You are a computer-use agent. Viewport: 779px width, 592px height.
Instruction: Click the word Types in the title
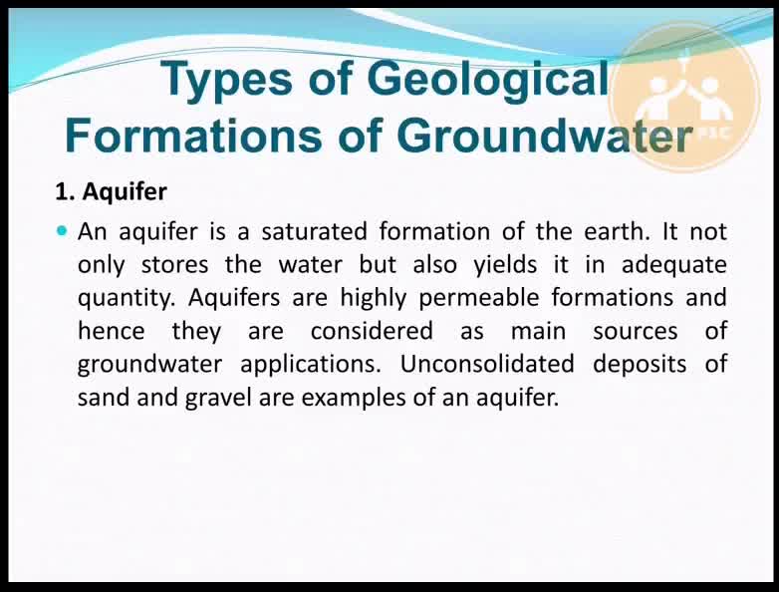click(x=226, y=80)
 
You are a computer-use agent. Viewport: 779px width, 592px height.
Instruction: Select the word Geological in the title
click(x=487, y=80)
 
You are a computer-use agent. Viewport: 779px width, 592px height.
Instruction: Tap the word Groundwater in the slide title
click(x=545, y=136)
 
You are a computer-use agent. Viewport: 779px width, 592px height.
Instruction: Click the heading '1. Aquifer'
click(x=112, y=192)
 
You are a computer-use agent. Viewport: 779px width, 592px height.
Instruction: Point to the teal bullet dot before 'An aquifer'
click(x=62, y=230)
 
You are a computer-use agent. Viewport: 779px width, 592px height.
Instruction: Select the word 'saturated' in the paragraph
click(x=315, y=231)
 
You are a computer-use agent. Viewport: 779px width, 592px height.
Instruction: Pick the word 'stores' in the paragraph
click(x=175, y=264)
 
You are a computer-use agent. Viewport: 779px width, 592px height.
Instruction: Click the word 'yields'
click(x=505, y=264)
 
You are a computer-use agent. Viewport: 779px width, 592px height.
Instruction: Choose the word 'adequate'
click(x=674, y=265)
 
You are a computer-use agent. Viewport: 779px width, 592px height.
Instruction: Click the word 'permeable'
click(x=478, y=298)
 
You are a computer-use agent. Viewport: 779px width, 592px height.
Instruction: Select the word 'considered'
click(x=372, y=331)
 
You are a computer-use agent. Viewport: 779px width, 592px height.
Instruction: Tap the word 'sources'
click(x=636, y=332)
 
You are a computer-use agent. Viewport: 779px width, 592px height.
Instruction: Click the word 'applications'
click(x=308, y=365)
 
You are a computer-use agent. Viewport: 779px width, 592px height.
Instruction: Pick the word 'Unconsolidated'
click(x=487, y=364)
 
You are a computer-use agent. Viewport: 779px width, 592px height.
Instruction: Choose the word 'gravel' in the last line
click(x=218, y=398)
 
